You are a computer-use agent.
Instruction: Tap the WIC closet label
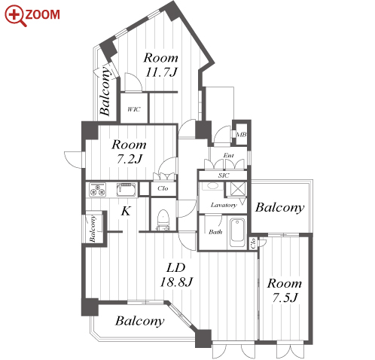point(134,109)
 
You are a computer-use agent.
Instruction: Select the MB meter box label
point(242,135)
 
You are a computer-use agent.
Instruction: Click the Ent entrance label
point(229,156)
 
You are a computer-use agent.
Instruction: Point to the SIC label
point(224,175)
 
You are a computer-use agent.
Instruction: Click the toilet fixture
point(163,220)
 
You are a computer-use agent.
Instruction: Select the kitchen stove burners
point(97,190)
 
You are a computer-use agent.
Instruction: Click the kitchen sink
point(127,190)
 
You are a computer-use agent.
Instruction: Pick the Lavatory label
point(224,205)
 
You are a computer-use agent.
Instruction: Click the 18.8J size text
point(176,282)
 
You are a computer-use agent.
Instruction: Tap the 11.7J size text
point(161,72)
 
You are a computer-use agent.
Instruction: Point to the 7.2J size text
point(130,159)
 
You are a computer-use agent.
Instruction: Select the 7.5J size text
point(285,297)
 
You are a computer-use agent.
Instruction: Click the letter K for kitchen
point(126,211)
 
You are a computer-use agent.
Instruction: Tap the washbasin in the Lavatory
point(212,186)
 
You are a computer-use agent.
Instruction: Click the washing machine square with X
point(238,188)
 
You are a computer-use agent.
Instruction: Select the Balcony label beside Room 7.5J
point(280,208)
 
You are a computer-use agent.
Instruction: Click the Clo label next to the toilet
point(163,188)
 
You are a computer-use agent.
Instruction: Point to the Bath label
point(215,232)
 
